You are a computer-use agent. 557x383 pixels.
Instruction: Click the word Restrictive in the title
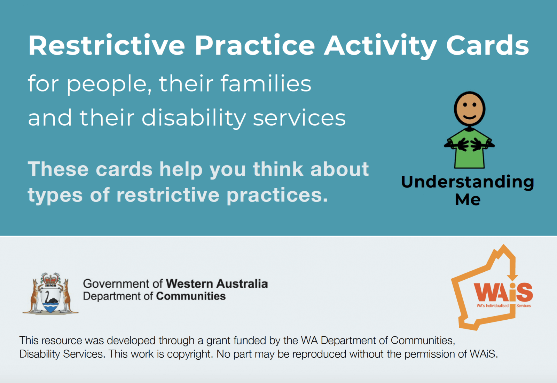pos(107,45)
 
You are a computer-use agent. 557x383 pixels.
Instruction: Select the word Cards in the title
pos(488,45)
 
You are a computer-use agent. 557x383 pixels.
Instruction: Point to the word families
pos(266,83)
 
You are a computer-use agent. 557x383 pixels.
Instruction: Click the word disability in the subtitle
pos(194,118)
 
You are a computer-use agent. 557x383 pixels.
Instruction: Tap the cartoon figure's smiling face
pos(470,109)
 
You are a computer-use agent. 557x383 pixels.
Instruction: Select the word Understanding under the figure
pos(468,182)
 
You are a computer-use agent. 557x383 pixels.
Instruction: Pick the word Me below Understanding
pos(468,199)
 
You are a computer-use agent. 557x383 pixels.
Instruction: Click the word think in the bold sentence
pos(278,169)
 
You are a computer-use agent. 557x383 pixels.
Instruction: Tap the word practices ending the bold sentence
pos(277,196)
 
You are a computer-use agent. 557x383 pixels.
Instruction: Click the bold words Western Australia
pos(217,284)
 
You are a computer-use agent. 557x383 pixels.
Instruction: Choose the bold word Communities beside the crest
pos(191,296)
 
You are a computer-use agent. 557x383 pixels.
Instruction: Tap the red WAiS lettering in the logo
pos(503,292)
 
